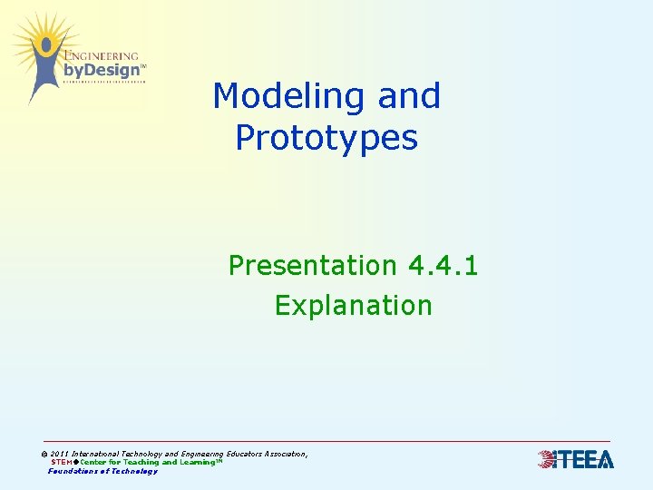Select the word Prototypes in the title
click(x=326, y=138)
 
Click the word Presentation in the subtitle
click(x=312, y=266)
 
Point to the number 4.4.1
click(x=443, y=266)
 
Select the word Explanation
click(x=354, y=306)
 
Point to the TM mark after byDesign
click(x=143, y=66)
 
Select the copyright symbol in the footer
click(x=44, y=454)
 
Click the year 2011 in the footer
click(x=60, y=454)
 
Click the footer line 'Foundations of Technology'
click(x=102, y=471)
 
